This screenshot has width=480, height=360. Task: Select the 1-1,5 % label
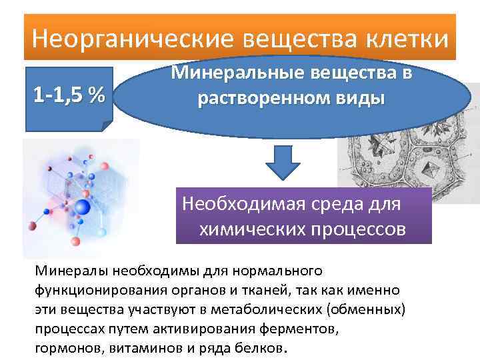69,95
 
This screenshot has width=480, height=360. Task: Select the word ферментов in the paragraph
303,329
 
